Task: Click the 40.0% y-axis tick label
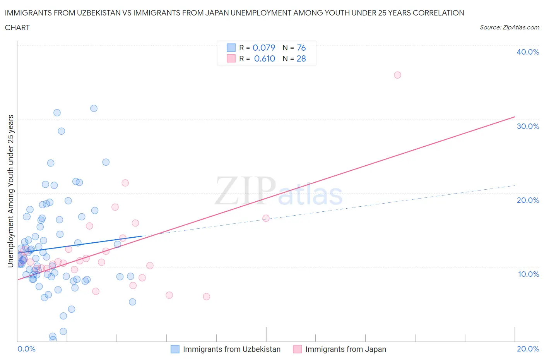click(527, 52)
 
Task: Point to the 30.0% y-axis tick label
click(528, 126)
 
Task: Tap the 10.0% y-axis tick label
click(528, 274)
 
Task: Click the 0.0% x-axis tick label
click(26, 349)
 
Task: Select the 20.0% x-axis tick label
click(528, 349)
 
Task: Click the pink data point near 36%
click(397, 75)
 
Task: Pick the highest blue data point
click(94, 108)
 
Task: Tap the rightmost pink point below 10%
click(206, 297)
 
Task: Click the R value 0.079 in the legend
click(263, 48)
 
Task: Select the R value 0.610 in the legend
click(264, 58)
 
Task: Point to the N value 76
click(301, 48)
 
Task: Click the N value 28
click(301, 58)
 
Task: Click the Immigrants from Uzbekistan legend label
click(231, 349)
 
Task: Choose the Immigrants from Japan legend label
click(346, 349)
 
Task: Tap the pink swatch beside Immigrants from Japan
click(297, 349)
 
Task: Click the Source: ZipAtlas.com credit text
click(509, 27)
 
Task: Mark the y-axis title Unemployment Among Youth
click(11, 191)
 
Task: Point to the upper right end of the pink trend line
click(515, 117)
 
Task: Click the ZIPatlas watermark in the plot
click(279, 191)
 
